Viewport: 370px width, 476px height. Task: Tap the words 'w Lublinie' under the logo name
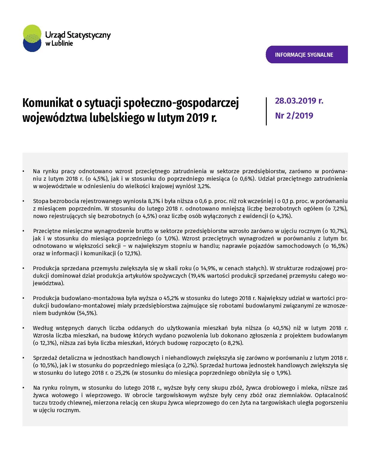click(x=59, y=44)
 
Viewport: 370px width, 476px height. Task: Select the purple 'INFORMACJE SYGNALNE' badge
click(x=306, y=55)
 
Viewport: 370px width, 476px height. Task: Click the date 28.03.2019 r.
click(x=299, y=101)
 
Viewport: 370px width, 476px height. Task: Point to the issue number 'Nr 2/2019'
click(x=294, y=116)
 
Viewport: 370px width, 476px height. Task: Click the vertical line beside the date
click(x=266, y=111)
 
